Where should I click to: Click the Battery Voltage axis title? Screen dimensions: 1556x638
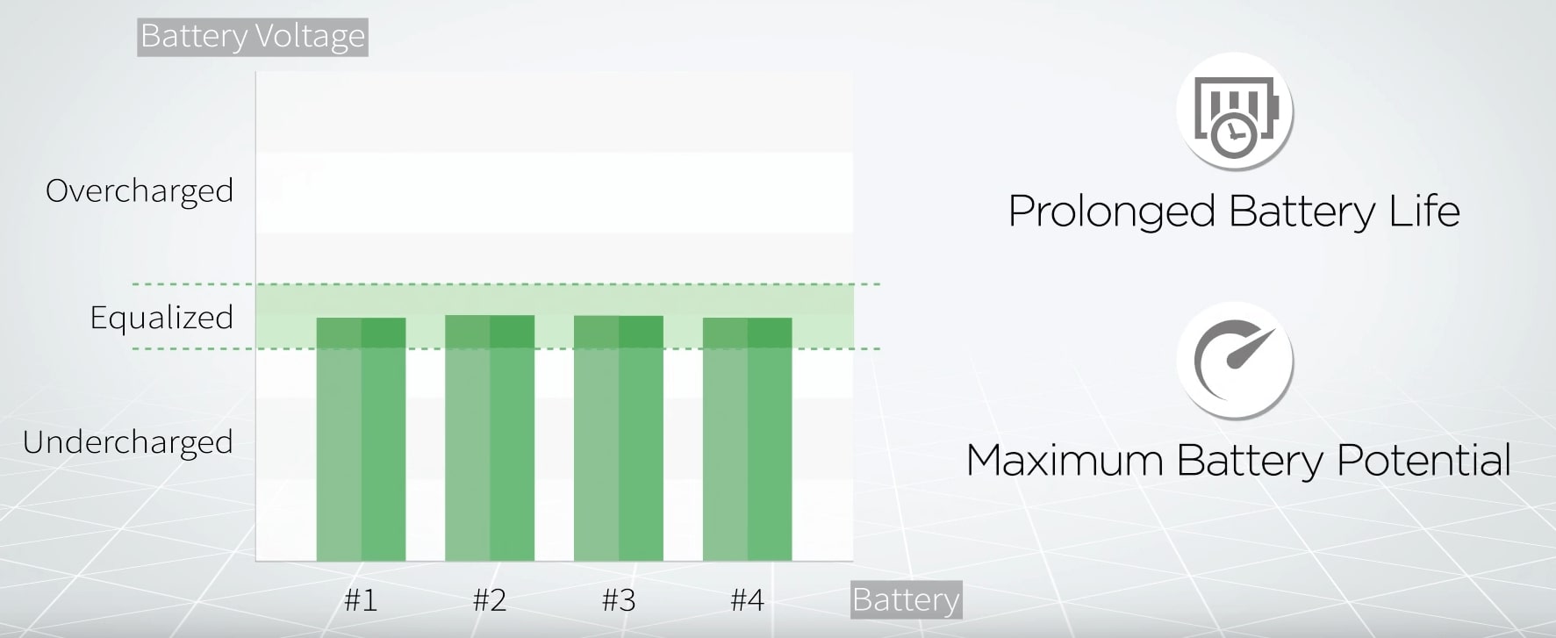click(253, 37)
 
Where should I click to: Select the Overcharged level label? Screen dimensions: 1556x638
click(140, 191)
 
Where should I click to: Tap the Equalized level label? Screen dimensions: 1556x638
click(161, 318)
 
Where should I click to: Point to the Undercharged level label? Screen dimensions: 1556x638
click(128, 442)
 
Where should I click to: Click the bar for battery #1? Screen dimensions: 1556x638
click(361, 439)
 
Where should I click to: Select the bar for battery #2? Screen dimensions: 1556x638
click(490, 438)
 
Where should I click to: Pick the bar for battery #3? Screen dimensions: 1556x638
click(619, 438)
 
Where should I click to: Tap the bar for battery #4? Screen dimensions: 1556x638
click(748, 439)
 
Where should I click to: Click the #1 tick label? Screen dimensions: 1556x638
click(361, 600)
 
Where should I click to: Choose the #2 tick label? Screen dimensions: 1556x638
click(490, 600)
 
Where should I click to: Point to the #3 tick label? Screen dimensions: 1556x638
click(619, 600)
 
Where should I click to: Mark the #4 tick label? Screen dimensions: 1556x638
click(748, 600)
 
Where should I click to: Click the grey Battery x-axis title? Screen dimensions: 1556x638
click(907, 600)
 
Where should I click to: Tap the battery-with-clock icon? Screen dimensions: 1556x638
click(1234, 112)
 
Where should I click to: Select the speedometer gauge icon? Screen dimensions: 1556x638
click(1234, 361)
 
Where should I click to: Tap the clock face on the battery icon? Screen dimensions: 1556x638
click(1234, 136)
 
